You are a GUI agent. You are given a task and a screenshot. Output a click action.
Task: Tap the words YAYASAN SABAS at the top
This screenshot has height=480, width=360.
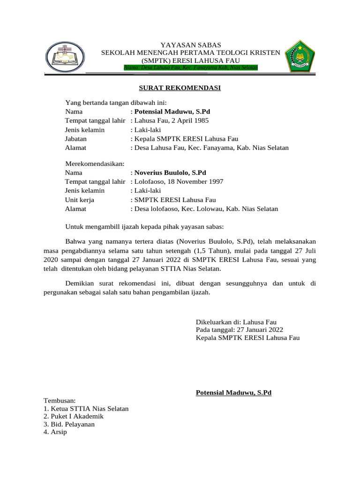191,45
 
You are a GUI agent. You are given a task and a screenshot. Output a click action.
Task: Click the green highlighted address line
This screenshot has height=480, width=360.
191,68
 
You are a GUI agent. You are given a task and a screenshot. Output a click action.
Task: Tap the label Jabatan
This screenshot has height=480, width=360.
76,139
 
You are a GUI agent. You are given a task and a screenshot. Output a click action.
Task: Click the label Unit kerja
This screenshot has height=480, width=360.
79,200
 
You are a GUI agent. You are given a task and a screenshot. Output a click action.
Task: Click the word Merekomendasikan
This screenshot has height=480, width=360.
94,164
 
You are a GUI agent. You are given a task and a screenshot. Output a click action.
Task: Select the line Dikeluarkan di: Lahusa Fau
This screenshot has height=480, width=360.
236,322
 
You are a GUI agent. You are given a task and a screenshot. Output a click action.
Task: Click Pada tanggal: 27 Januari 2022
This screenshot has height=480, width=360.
239,330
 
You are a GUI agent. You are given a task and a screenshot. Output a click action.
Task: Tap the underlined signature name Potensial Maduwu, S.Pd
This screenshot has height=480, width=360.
233,393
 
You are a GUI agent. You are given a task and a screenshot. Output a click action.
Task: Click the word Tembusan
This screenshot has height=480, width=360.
60,401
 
